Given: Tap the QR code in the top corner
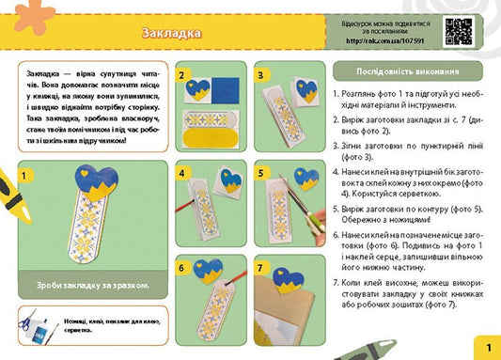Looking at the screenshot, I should pyautogui.click(x=458, y=31).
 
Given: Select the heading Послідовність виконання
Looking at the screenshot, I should pyautogui.click(x=408, y=72).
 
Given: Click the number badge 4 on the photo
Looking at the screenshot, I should pyautogui.click(x=184, y=173).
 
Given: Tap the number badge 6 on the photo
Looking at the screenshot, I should pyautogui.click(x=184, y=267).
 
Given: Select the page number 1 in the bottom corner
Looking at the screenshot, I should pyautogui.click(x=487, y=348).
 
